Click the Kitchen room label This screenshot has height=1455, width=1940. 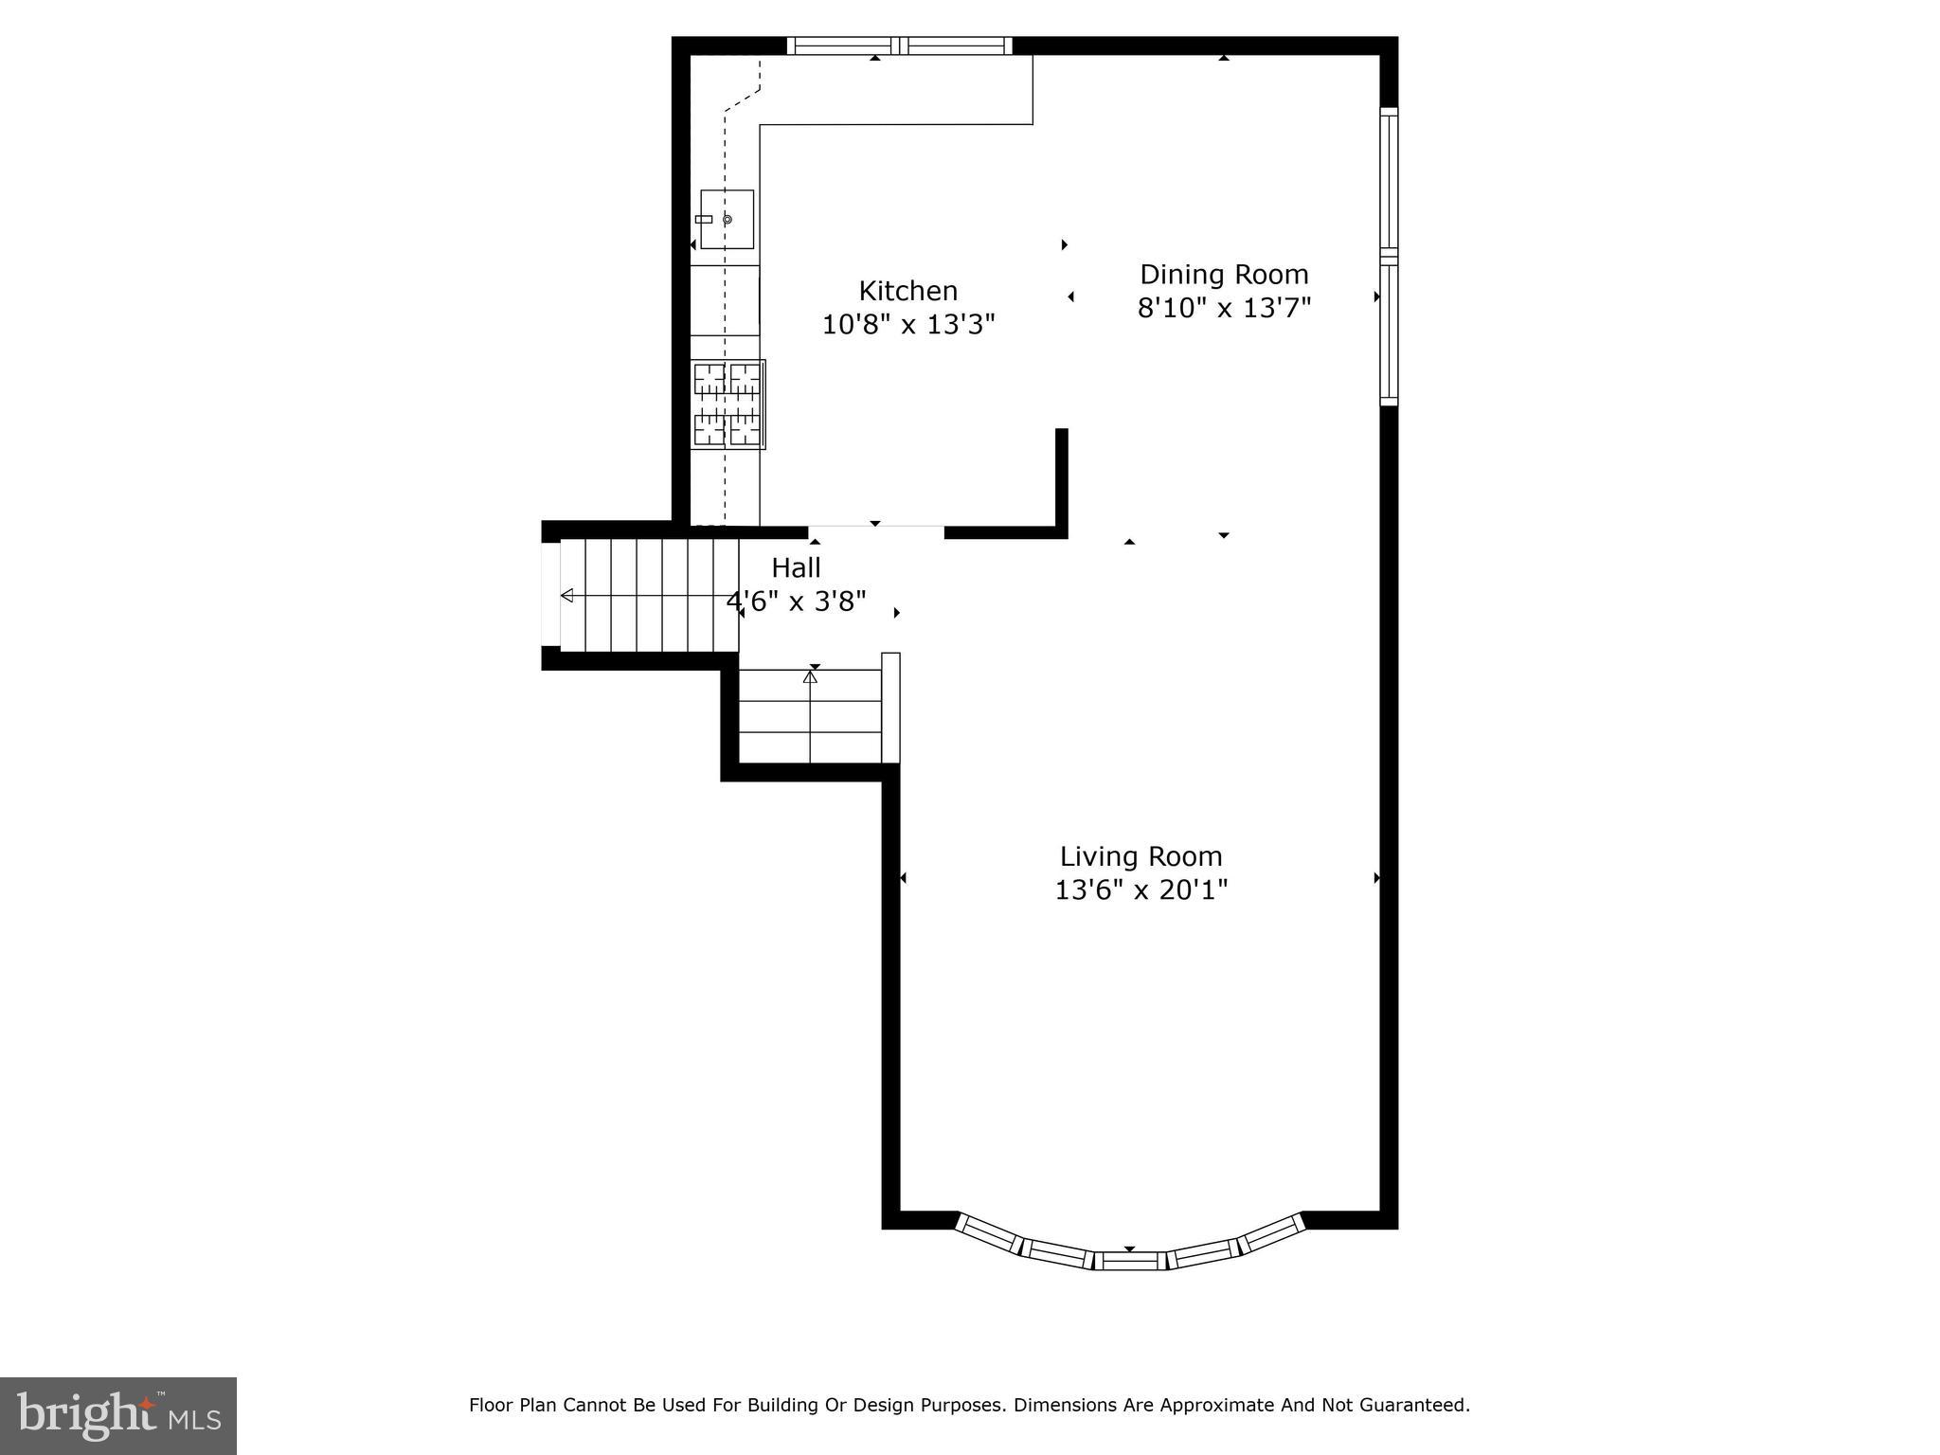pyautogui.click(x=907, y=291)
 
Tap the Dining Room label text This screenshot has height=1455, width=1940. pyautogui.click(x=1223, y=275)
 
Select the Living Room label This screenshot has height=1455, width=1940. pyautogui.click(x=1141, y=856)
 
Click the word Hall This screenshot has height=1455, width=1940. pyautogui.click(x=796, y=568)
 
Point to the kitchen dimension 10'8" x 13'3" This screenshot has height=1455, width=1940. pyautogui.click(x=907, y=325)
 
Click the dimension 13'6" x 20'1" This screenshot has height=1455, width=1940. pyautogui.click(x=1141, y=890)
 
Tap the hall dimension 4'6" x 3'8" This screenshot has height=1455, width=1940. pyautogui.click(x=796, y=602)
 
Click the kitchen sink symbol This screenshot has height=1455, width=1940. pyautogui.click(x=727, y=219)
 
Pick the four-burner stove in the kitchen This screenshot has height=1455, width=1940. pyautogui.click(x=727, y=404)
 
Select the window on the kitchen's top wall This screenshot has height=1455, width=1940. pyautogui.click(x=899, y=45)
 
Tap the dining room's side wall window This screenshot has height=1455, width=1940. pyautogui.click(x=1389, y=256)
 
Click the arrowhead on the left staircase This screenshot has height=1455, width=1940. pyautogui.click(x=567, y=595)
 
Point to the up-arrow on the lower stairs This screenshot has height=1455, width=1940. pyautogui.click(x=810, y=677)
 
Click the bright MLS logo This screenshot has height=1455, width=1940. pyautogui.click(x=118, y=1415)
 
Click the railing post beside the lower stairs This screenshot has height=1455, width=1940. pyautogui.click(x=890, y=708)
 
